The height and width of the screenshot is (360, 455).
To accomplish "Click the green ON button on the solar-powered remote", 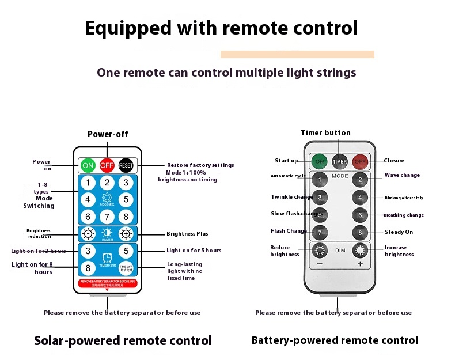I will click(88, 165).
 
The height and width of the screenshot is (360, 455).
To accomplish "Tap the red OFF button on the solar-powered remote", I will click(107, 165).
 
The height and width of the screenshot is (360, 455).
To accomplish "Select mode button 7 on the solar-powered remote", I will click(107, 217).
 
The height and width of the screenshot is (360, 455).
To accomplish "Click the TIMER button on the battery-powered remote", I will click(340, 161).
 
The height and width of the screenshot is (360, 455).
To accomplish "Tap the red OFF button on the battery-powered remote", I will click(361, 161).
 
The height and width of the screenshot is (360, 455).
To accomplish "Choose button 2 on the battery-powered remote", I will click(360, 180).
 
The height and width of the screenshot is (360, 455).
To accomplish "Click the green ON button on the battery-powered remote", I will click(320, 161).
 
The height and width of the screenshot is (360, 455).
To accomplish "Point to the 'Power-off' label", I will click(108, 134).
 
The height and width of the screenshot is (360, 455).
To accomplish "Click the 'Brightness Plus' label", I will click(187, 234).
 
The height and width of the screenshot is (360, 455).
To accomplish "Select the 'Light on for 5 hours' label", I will click(194, 251).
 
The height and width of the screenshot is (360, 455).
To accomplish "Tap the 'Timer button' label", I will click(325, 133).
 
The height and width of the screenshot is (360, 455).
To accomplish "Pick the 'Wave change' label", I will click(402, 175).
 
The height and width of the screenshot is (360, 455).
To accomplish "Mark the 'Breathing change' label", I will click(403, 215).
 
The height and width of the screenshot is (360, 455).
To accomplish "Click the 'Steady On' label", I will click(399, 232).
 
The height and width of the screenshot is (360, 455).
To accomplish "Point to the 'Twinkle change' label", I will click(292, 197).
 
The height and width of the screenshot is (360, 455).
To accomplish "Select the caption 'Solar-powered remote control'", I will click(123, 340).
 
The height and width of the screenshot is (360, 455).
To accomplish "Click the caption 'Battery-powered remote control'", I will click(335, 340).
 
